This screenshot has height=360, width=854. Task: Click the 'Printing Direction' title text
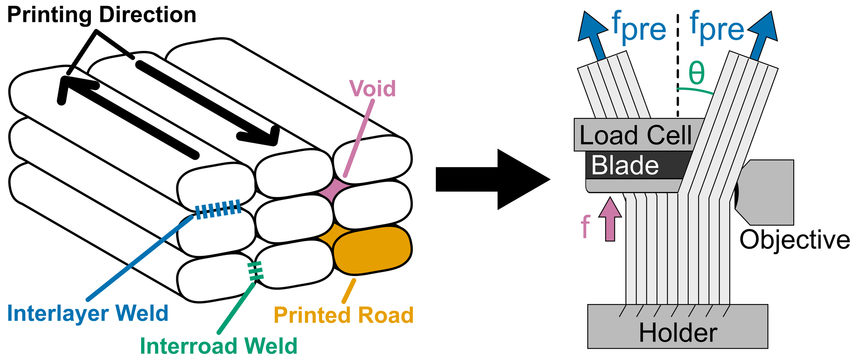(x=102, y=15)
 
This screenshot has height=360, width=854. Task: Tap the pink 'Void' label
(x=372, y=88)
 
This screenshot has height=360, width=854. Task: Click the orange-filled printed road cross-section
(x=372, y=250)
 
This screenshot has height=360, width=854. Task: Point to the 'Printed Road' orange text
(x=344, y=315)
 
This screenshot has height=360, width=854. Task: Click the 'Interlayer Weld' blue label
(x=88, y=313)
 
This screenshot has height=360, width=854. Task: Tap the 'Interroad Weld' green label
(x=219, y=346)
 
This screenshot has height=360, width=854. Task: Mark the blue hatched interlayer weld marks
(x=218, y=209)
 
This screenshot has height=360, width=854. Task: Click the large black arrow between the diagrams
(x=493, y=179)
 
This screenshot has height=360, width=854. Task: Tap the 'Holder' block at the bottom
(x=678, y=327)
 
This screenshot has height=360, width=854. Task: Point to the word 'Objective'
(x=795, y=240)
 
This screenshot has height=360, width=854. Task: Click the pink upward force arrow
(x=610, y=219)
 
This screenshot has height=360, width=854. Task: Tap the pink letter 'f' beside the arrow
(x=586, y=226)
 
